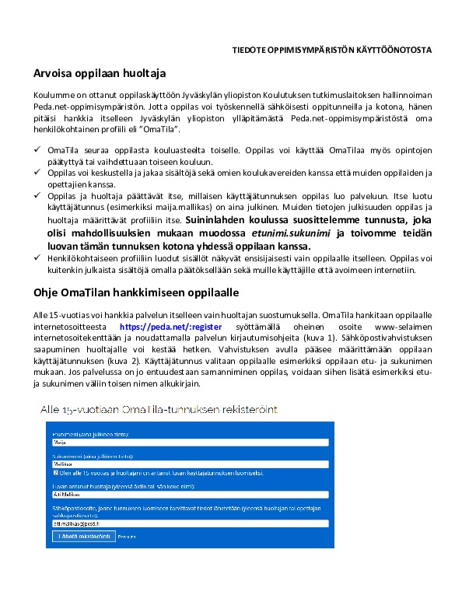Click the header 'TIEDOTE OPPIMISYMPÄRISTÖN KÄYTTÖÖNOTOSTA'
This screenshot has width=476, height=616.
pyautogui.click(x=333, y=51)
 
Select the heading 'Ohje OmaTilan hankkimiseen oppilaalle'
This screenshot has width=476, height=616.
pyautogui.click(x=135, y=292)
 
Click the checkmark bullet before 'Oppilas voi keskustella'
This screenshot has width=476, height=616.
pyautogui.click(x=37, y=170)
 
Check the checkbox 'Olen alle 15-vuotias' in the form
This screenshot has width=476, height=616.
pyautogui.click(x=56, y=472)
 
